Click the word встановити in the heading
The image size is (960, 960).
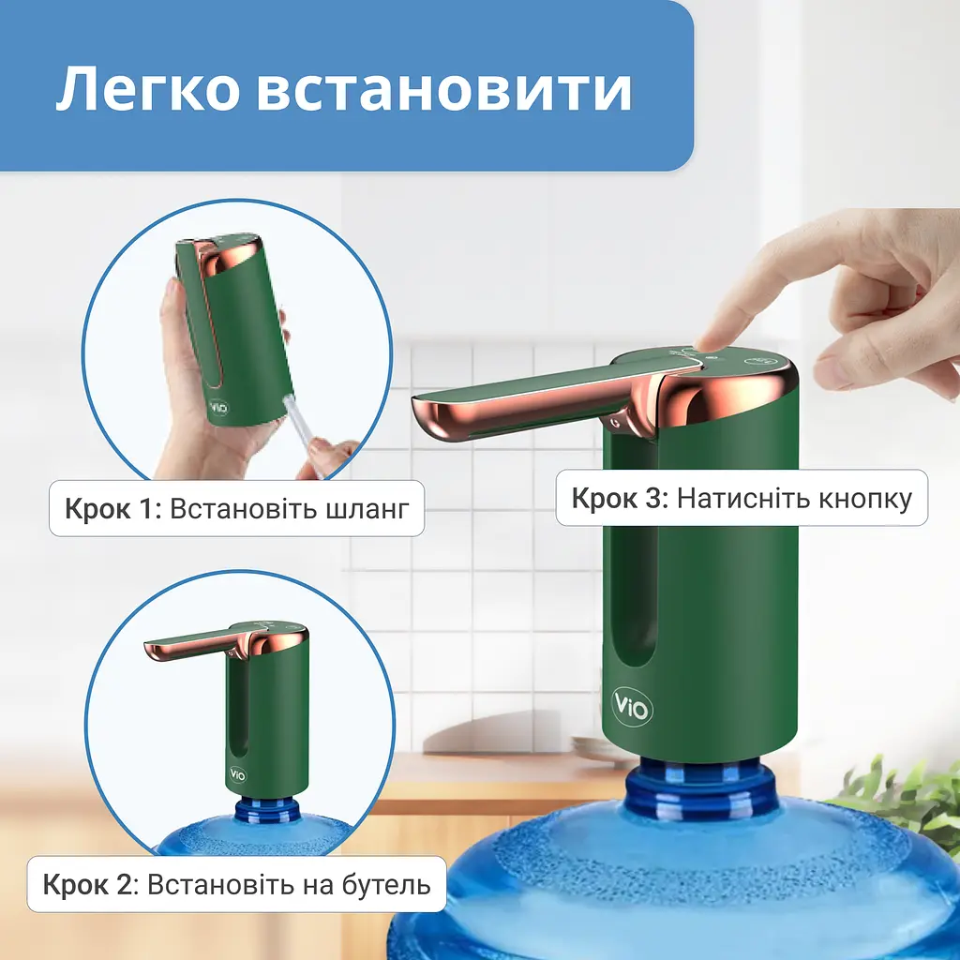point(443,91)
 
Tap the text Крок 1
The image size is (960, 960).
point(112,509)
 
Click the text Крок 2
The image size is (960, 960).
point(87,885)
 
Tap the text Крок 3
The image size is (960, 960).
point(619,499)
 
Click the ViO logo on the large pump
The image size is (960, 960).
point(632,707)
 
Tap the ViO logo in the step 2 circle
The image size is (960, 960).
point(237,774)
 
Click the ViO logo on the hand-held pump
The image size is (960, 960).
point(217,407)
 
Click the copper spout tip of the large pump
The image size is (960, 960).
point(428,416)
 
